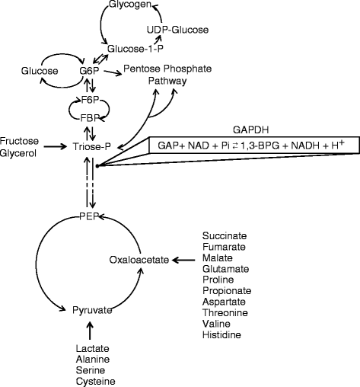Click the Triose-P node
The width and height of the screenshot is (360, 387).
(92, 144)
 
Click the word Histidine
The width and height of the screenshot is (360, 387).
(221, 334)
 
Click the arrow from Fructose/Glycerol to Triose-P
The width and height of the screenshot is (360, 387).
(57, 145)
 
